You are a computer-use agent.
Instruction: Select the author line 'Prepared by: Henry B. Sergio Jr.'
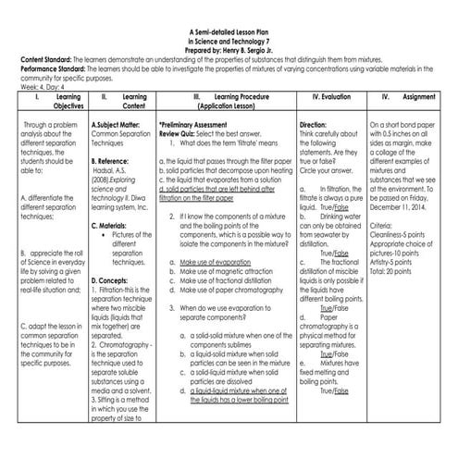click(228, 49)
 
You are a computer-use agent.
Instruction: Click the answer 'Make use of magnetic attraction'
click(224, 271)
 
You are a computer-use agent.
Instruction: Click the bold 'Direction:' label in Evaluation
click(315, 122)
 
